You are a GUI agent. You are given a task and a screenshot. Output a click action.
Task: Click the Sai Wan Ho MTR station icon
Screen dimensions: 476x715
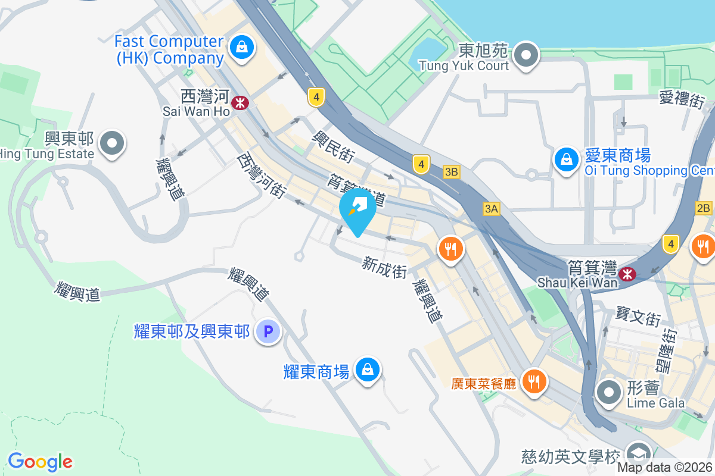coord(241,103)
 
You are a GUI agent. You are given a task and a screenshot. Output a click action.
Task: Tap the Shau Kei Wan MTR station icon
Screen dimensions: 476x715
coord(627,274)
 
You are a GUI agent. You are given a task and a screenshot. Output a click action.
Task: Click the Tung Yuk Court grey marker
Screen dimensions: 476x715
coord(526,55)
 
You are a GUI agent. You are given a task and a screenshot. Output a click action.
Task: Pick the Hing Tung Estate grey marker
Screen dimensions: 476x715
coord(112,143)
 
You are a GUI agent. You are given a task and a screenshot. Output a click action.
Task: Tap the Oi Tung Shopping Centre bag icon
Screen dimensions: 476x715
coord(565,159)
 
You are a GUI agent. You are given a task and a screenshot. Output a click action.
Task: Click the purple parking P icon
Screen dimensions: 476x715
coord(268,331)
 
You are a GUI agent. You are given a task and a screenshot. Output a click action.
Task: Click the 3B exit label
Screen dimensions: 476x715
coord(452,172)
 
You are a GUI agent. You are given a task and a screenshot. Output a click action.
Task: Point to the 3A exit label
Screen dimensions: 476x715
coord(492,208)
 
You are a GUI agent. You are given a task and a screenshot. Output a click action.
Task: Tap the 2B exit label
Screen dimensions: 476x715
coord(703,208)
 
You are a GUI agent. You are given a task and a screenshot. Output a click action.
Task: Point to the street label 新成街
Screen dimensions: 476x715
coord(384,267)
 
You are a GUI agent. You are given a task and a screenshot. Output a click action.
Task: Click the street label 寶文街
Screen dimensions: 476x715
coord(638,317)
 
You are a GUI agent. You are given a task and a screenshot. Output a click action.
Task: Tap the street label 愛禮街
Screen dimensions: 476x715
coord(682,98)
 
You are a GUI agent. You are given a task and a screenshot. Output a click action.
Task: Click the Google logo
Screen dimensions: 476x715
coord(40,461)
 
